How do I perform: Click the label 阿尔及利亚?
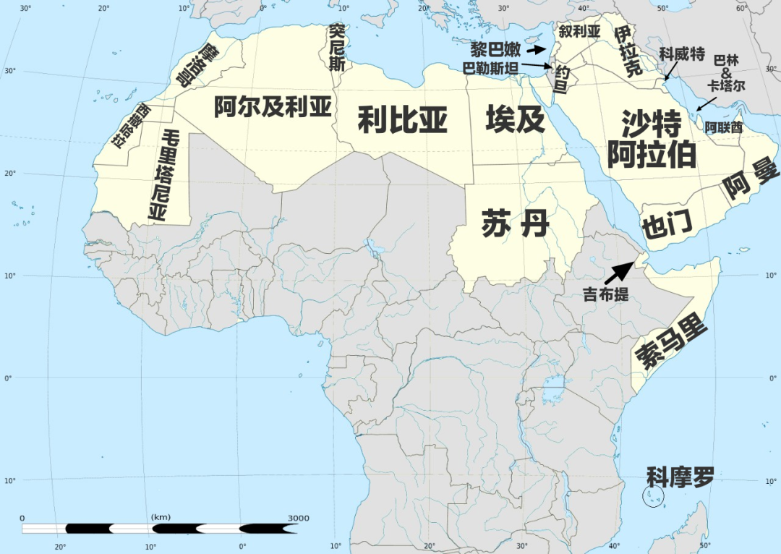(x=273, y=107)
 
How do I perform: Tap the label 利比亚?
(x=403, y=119)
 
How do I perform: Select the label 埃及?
(x=515, y=119)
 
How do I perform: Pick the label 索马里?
(x=670, y=344)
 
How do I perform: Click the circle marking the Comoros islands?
(x=653, y=496)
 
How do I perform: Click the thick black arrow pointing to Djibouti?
(x=618, y=272)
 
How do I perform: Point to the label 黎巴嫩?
(x=496, y=50)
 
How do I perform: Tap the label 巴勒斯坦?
(x=491, y=69)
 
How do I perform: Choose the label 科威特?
(x=681, y=55)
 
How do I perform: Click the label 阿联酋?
(x=724, y=127)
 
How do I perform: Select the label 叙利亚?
(x=579, y=31)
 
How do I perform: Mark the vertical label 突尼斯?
(x=336, y=47)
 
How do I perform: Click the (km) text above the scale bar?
(x=161, y=517)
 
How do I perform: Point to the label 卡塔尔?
(x=726, y=85)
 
